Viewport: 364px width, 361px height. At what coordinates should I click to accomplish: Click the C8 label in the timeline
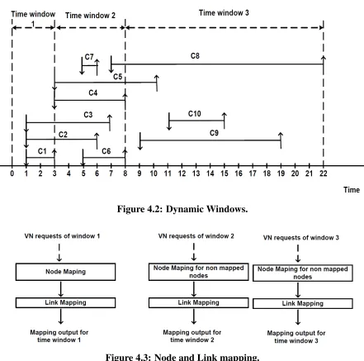pos(195,56)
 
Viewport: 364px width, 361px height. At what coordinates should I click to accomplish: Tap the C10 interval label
pos(195,114)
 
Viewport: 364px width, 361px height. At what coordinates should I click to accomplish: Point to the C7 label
pos(89,57)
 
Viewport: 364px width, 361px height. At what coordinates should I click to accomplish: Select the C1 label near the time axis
pos(42,151)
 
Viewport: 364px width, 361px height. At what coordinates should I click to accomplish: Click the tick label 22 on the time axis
pos(324,173)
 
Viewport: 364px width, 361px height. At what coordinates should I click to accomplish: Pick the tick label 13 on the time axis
pos(196,173)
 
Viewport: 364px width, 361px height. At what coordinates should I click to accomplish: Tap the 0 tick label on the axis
pos(12,173)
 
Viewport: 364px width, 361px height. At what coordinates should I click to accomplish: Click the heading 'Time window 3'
pos(224,12)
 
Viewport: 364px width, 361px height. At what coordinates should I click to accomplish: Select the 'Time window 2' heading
pos(90,16)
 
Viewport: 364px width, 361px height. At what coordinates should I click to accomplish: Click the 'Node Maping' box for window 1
pos(65,272)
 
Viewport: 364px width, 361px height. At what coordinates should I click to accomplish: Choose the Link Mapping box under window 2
pos(198,302)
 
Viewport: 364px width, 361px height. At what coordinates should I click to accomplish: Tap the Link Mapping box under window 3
pos(303,303)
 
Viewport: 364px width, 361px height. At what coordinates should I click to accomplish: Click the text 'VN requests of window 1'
pos(62,236)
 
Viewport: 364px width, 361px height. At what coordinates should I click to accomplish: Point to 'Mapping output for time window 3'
pos(296,337)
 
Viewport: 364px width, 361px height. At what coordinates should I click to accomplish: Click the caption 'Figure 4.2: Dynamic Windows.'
pos(182,209)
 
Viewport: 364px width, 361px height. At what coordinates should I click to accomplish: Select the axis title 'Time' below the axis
pos(352,190)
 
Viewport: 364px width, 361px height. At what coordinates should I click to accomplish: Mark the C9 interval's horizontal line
pos(210,140)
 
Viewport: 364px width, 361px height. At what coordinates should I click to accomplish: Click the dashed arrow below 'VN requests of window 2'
pos(194,252)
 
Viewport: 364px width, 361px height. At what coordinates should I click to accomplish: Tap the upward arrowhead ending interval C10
pos(225,115)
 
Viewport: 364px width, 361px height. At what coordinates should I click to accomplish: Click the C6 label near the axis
pos(106,151)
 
